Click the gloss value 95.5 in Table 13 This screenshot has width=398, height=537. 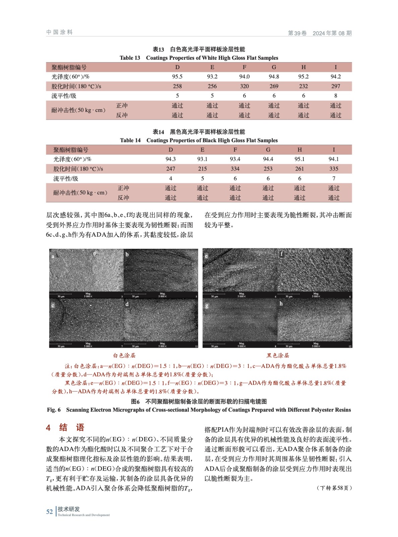[x=177, y=77]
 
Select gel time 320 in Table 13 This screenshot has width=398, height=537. [x=244, y=86]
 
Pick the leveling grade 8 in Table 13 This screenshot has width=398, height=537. [x=335, y=96]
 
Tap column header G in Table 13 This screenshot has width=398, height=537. [x=274, y=67]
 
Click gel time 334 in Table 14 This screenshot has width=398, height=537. [x=235, y=169]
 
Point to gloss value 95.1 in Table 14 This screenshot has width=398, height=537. [x=299, y=159]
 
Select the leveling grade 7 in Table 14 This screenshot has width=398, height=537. [x=334, y=178]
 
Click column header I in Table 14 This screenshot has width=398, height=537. [x=334, y=150]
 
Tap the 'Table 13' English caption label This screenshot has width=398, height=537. [x=130, y=58]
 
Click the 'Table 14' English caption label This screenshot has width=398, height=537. [x=130, y=140]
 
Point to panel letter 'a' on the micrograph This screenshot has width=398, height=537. [x=53, y=256]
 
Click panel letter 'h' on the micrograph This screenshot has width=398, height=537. [x=281, y=304]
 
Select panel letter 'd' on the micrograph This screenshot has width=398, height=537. [x=127, y=304]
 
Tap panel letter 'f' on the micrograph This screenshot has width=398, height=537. [x=281, y=254]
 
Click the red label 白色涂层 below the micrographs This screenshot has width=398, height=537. [x=124, y=355]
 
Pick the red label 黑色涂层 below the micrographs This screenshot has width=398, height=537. [x=278, y=355]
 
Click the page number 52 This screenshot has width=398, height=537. [x=49, y=511]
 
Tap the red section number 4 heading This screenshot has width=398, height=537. [x=48, y=428]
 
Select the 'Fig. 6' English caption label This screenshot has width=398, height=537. [x=54, y=410]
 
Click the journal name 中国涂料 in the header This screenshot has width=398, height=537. [x=59, y=32]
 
